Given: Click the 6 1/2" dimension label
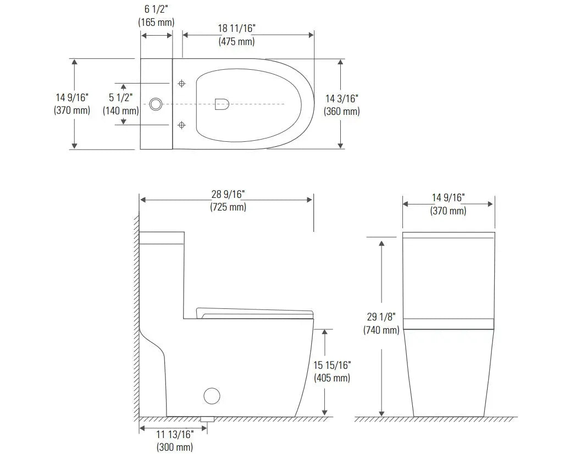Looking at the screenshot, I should click(156, 10).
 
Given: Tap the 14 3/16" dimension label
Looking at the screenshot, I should click(342, 99).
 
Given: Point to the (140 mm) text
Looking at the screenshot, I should click(121, 110).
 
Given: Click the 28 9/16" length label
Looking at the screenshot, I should click(228, 195).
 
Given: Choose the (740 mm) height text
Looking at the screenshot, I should click(381, 330).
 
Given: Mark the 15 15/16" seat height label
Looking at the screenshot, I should click(332, 366).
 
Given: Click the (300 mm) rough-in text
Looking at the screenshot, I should click(175, 447).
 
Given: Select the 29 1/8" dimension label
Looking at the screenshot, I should click(381, 317).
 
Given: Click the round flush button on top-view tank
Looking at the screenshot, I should click(156, 103).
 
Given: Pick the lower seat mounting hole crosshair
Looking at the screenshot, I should click(182, 125).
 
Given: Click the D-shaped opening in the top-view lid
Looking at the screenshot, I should click(222, 104).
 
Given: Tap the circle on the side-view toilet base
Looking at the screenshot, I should click(212, 396).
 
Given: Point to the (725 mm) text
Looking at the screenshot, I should click(228, 207).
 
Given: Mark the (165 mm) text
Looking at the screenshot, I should click(156, 23).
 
